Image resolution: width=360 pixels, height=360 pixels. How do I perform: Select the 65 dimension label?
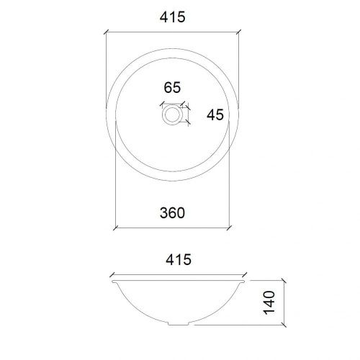(x=172, y=89)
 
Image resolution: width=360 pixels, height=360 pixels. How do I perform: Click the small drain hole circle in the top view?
(x=173, y=114)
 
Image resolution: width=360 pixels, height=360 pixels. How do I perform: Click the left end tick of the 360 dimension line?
(x=116, y=225)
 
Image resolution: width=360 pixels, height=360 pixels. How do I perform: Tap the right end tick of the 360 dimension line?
(x=230, y=225)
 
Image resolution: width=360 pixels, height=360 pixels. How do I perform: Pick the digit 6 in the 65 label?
(x=168, y=89)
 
